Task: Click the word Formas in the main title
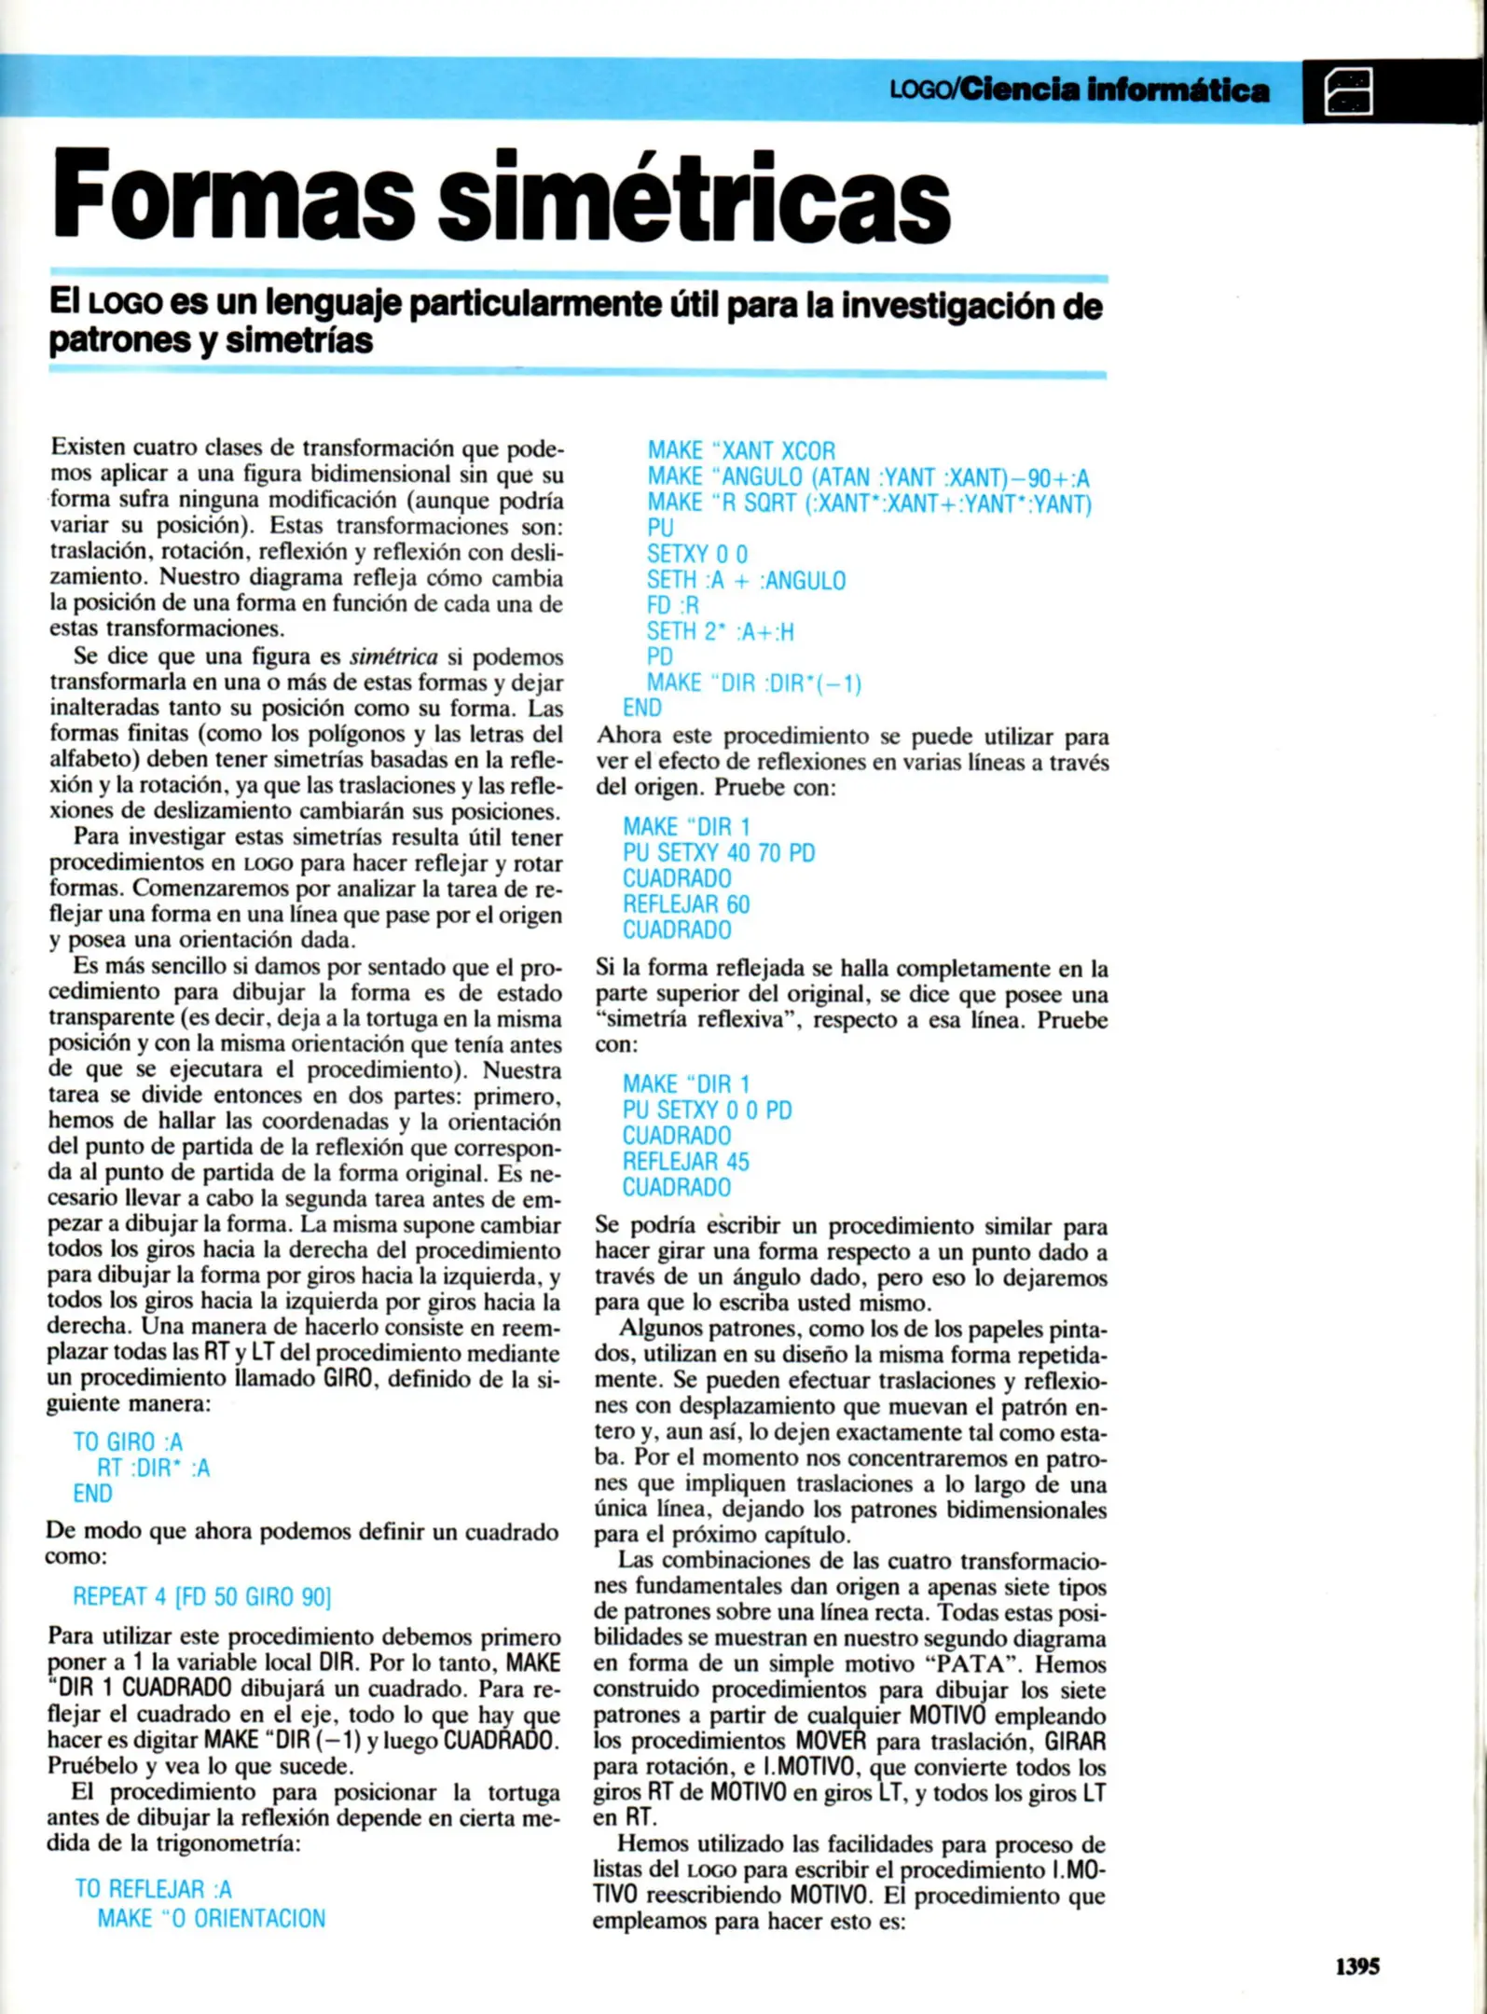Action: click(x=233, y=196)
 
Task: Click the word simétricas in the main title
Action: click(x=694, y=196)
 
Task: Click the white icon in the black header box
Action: click(x=1348, y=91)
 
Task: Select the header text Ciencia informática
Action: click(x=1114, y=90)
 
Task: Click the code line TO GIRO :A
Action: click(x=128, y=1442)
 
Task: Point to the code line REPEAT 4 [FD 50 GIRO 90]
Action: click(x=201, y=1597)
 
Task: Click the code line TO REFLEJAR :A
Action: click(x=153, y=1889)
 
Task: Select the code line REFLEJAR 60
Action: click(x=686, y=904)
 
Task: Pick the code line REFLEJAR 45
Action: click(x=686, y=1162)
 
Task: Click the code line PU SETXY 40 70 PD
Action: click(x=719, y=853)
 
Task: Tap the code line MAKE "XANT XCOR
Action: click(x=741, y=451)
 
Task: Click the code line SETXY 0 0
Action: click(x=696, y=555)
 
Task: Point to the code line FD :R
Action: click(x=672, y=606)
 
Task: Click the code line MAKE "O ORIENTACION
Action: click(x=212, y=1918)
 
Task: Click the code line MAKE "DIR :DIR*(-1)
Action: click(x=754, y=683)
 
